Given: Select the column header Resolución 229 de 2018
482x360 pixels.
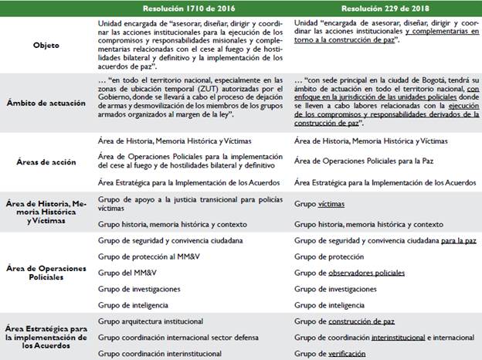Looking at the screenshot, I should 384,7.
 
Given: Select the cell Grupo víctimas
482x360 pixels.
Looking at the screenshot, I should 320,204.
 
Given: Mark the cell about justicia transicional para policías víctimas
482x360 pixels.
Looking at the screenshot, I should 186,203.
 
